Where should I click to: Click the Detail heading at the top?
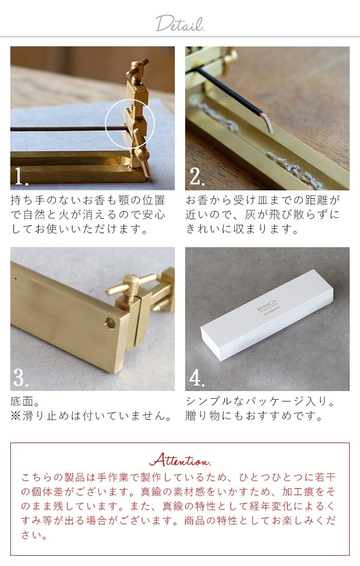pyautogui.click(x=179, y=24)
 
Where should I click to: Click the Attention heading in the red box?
pyautogui.click(x=179, y=459)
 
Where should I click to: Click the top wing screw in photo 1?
pyautogui.click(x=138, y=67)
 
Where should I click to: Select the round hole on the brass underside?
pyautogui.click(x=110, y=323)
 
